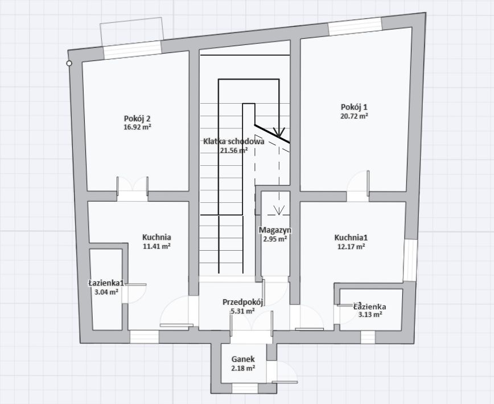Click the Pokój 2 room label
[137, 119]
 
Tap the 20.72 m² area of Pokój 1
[355, 116]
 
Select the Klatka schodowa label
[233, 141]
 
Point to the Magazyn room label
[275, 230]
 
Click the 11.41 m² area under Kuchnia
[157, 246]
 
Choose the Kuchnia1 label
[351, 238]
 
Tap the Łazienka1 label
[106, 283]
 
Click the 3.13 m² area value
[370, 314]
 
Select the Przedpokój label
[243, 302]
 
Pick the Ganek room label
[243, 359]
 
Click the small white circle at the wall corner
[69, 63]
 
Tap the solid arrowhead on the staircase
[279, 132]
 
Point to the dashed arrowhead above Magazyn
[279, 210]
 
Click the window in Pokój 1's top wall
[355, 26]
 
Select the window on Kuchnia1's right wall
[410, 260]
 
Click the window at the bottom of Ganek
[245, 388]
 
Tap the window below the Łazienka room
[368, 337]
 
